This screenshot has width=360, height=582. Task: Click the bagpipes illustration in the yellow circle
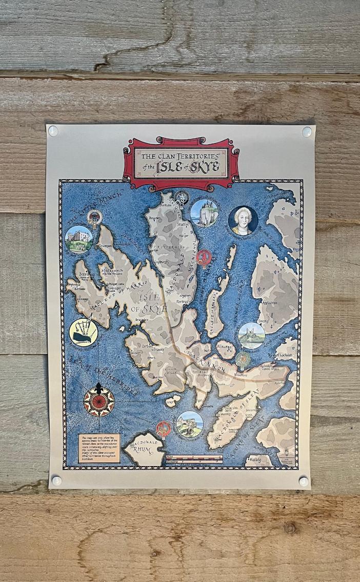tap(83, 333)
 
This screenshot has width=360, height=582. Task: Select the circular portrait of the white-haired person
tap(243, 221)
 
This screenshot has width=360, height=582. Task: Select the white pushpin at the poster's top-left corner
tap(53, 131)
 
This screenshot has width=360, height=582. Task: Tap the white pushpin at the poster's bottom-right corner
tap(304, 481)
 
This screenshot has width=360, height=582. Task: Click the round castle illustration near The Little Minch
tap(79, 239)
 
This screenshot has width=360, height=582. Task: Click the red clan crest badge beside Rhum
tap(163, 428)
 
